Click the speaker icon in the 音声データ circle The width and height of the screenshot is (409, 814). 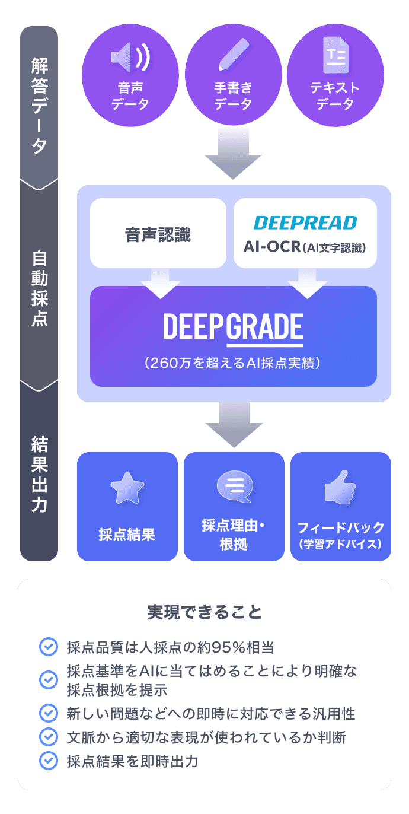point(130,58)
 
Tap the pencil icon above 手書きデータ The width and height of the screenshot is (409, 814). point(232,55)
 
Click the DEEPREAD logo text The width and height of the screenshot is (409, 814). point(305,222)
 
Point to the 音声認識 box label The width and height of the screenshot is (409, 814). point(158,234)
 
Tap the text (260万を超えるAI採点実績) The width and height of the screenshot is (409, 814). point(233,363)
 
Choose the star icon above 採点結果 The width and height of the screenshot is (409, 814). point(127,488)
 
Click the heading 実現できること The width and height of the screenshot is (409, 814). point(204,612)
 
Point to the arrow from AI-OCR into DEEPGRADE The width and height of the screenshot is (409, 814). point(308,284)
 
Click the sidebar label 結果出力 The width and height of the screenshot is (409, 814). point(39,474)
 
